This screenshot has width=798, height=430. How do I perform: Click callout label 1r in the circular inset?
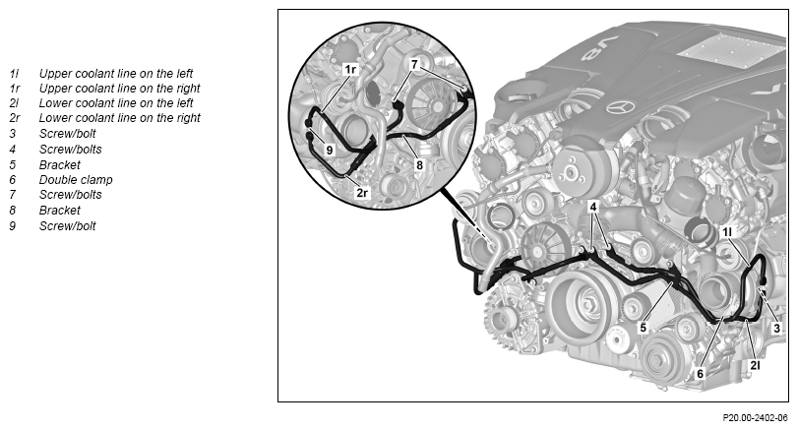click(x=350, y=69)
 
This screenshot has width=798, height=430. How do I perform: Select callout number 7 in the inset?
click(x=414, y=65)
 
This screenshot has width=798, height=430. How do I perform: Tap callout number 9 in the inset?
click(x=330, y=151)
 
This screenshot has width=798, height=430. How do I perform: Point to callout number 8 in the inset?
click(x=419, y=165)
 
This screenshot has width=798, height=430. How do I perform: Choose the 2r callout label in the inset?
click(x=362, y=193)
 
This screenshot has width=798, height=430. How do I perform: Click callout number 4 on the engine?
click(x=593, y=207)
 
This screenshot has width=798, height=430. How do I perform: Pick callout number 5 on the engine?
click(x=643, y=328)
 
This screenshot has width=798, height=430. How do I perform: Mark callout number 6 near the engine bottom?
click(x=700, y=374)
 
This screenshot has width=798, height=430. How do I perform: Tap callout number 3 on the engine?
click(x=776, y=329)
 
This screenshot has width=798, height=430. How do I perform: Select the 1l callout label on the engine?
click(x=727, y=232)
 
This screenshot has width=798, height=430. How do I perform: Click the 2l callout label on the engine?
click(x=755, y=365)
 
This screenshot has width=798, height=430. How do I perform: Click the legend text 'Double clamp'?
click(x=76, y=180)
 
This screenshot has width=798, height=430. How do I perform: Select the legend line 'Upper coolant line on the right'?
click(x=120, y=88)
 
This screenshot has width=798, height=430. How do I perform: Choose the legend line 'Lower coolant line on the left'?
click(x=116, y=102)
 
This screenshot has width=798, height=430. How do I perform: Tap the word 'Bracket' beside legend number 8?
click(x=60, y=211)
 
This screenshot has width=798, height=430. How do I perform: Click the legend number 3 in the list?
click(x=12, y=133)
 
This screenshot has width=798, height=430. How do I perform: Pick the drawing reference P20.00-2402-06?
click(x=755, y=418)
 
